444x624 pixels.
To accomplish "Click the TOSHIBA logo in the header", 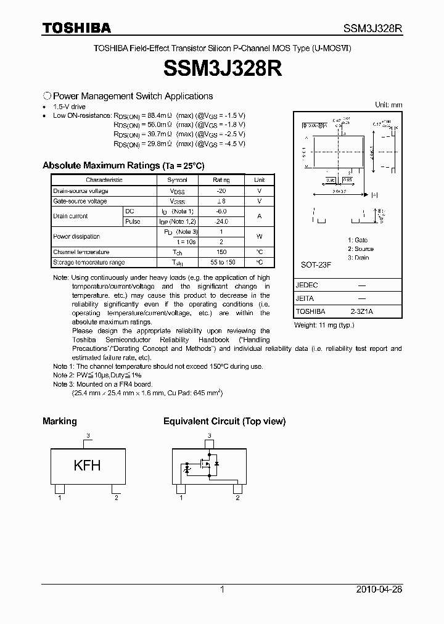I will [76, 28].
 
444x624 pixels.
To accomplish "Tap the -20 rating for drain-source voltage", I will [221, 191].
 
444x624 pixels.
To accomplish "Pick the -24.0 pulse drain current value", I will [221, 221].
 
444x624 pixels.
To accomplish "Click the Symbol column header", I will [177, 180].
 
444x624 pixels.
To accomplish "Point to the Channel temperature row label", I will [81, 252].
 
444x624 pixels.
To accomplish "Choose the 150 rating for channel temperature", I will [221, 252].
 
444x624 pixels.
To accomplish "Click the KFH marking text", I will [87, 466].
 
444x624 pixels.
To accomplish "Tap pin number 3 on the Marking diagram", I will [88, 436].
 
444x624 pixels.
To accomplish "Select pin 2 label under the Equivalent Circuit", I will [237, 498].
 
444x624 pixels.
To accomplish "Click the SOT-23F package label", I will [316, 265].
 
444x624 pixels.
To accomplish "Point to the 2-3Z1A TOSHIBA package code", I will [361, 312].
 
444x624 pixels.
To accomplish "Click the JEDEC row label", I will [306, 286].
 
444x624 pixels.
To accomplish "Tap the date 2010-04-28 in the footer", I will [379, 589].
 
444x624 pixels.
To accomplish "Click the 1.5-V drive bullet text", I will [70, 107].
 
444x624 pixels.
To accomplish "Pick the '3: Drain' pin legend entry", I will [358, 258].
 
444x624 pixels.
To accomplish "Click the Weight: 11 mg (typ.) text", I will [324, 325].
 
